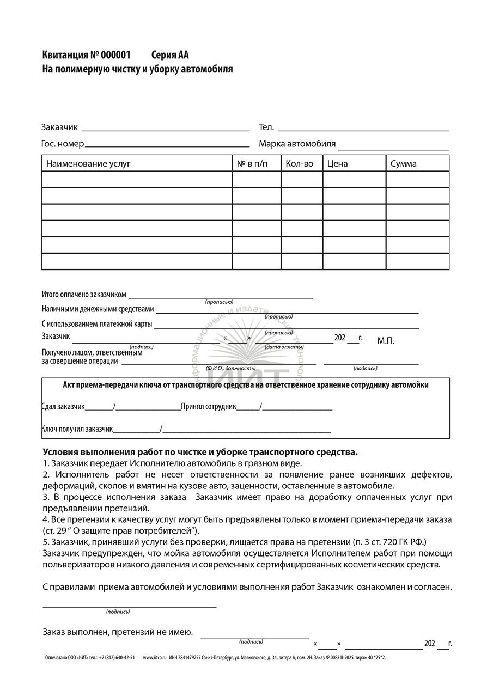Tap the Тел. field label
coord(266,127)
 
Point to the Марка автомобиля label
coord(297,144)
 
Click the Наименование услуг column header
coord(88,163)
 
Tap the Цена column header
coord(338,163)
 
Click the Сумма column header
coord(404,163)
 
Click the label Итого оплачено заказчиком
coord(84,295)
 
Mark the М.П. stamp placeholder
coord(386,341)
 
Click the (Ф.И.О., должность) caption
coord(231,369)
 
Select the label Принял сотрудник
coord(209,407)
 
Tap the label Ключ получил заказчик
coord(77,429)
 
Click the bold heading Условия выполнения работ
coord(200,452)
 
